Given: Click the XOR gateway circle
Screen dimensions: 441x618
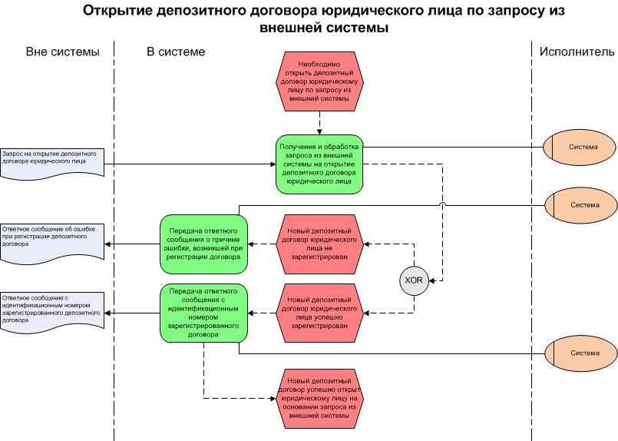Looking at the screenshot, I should [x=414, y=280].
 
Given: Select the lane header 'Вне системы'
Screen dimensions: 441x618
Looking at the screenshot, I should [x=62, y=52].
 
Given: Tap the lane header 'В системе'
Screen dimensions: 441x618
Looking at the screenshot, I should [x=176, y=52].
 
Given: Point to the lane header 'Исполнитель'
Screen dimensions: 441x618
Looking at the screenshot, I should [x=577, y=52].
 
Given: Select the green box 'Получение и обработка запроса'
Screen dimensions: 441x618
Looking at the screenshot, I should [x=320, y=164].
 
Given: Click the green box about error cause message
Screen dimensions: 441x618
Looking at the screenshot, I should [x=204, y=245].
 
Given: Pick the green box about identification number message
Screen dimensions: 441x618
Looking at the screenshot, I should [x=204, y=312].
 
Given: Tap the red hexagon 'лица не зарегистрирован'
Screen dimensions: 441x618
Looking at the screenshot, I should [x=320, y=245].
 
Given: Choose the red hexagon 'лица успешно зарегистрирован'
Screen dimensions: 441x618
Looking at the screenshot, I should [x=320, y=312].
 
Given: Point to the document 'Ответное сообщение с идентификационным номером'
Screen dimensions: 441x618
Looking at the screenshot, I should [x=52, y=310].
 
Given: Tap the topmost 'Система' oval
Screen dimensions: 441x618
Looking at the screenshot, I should [x=580, y=147].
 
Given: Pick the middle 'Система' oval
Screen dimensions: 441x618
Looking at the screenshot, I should [x=580, y=205].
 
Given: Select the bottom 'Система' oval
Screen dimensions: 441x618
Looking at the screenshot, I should [x=580, y=353].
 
